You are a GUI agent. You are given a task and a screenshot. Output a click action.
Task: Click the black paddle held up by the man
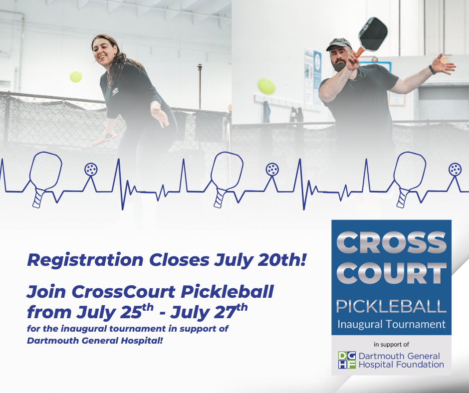click(372, 35)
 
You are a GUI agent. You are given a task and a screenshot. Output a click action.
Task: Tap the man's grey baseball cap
click(339, 44)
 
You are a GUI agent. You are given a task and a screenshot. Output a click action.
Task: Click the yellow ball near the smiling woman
click(76, 77)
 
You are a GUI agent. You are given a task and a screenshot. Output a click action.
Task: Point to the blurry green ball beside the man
click(266, 86)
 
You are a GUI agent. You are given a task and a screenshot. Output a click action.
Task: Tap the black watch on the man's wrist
click(432, 69)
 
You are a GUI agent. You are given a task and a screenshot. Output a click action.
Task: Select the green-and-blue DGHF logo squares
click(347, 360)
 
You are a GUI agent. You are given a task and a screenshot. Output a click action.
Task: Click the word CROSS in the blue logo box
click(392, 242)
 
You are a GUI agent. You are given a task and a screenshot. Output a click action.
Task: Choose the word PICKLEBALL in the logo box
click(391, 306)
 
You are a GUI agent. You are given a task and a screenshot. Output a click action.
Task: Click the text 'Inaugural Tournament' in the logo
click(392, 324)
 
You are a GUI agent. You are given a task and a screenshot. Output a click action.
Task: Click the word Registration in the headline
click(85, 260)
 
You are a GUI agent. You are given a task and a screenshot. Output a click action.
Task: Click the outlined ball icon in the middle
click(272, 169)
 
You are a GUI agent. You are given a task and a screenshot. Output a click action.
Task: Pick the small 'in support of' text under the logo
click(391, 345)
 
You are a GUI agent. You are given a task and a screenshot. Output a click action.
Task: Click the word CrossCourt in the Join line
click(123, 291)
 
